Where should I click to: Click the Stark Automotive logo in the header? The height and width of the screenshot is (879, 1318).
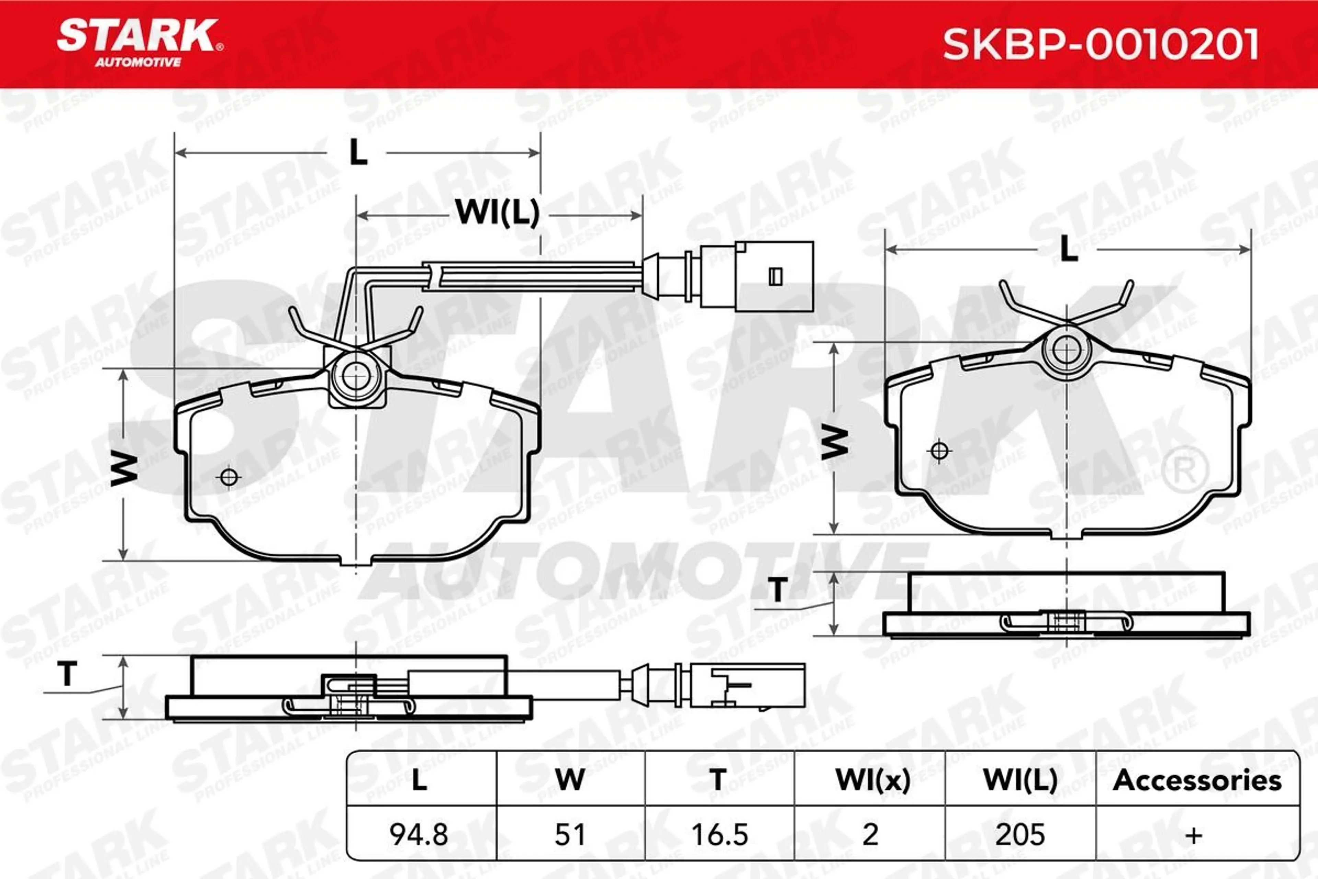click(x=140, y=43)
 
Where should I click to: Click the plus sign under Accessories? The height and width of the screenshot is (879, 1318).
click(x=1194, y=836)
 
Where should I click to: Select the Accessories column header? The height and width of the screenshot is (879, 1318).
click(x=1197, y=780)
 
